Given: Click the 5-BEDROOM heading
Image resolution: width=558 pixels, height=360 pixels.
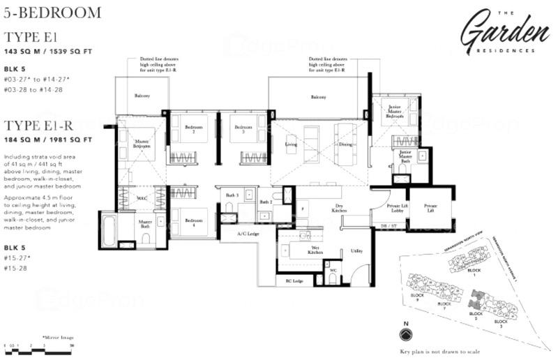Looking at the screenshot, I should click(x=53, y=12).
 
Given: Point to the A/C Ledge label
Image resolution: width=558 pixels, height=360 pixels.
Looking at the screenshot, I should click(x=248, y=234).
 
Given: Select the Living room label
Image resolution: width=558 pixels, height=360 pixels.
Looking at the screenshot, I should click(x=291, y=145).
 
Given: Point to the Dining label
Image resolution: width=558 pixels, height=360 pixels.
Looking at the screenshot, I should click(x=345, y=145).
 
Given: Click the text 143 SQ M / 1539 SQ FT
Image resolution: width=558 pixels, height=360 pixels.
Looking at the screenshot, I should click(x=48, y=52).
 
